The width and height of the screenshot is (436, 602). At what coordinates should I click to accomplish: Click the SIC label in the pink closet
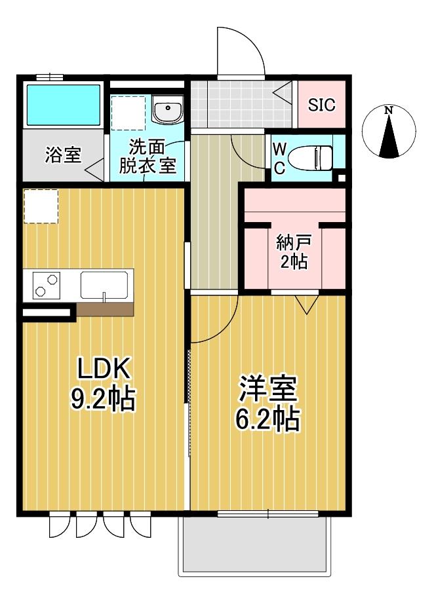click(321, 105)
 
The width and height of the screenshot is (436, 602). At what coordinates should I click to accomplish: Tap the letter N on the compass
click(389, 111)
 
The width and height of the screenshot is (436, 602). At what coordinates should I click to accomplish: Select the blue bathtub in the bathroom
click(63, 105)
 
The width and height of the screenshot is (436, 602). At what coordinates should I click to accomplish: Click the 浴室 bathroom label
click(63, 156)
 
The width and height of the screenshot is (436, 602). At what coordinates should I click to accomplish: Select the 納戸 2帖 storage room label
click(294, 252)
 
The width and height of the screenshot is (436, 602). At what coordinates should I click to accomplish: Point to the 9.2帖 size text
click(103, 399)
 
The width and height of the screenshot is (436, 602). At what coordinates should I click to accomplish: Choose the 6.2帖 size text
click(268, 419)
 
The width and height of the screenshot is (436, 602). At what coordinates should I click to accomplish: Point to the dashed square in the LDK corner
click(41, 206)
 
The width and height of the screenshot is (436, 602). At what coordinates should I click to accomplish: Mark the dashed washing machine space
click(128, 113)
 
